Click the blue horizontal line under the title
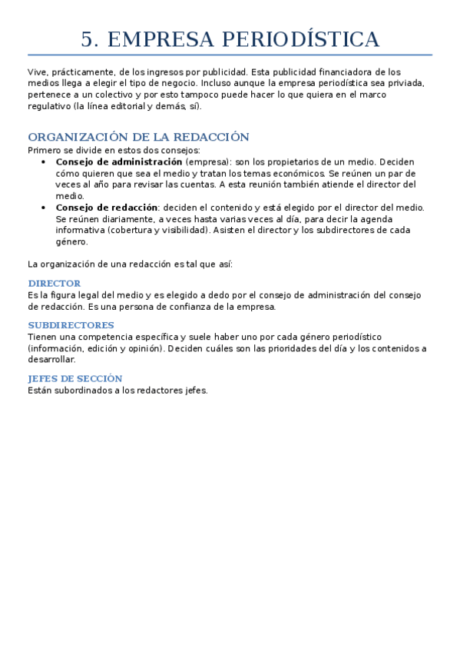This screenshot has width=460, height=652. pos(230,55)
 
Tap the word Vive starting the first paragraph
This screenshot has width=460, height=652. pos(37,72)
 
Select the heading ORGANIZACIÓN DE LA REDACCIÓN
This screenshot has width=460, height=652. pos(138,137)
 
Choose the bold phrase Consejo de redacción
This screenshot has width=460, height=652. pos(107,208)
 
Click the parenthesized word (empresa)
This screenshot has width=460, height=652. pos(204,162)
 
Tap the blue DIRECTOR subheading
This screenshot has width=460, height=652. pos(54,284)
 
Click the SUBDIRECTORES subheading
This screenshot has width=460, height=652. pos(71,325)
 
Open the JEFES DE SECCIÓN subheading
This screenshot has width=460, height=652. pos(74,378)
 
